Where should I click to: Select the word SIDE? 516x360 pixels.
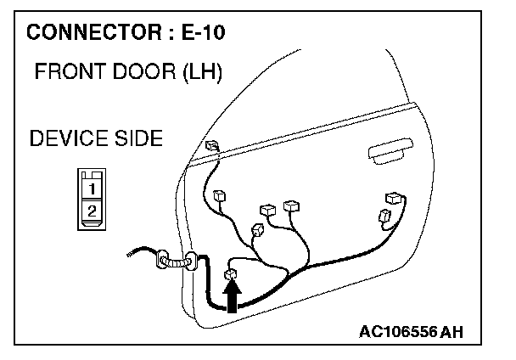click(135, 138)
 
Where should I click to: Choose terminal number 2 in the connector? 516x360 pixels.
click(93, 206)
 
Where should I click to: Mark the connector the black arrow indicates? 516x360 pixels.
click(229, 273)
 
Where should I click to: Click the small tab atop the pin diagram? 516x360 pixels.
click(93, 173)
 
